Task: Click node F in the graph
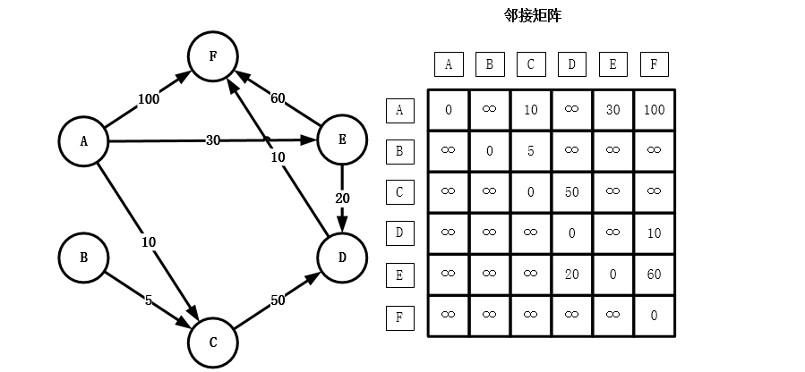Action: coord(212,55)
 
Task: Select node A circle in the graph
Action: coord(83,140)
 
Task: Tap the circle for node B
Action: coord(83,258)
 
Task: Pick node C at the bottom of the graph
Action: coord(212,342)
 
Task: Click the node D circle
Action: coord(342,258)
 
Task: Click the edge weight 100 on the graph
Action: coord(149,99)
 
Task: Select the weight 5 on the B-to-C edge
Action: coord(149,300)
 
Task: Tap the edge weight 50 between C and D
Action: coord(278,300)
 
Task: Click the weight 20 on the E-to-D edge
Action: coord(342,198)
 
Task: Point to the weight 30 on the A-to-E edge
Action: coord(213,140)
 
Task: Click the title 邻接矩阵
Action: coord(534,15)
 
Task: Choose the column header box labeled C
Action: coord(530,64)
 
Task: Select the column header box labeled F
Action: coord(654,64)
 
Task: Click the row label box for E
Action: coord(399,275)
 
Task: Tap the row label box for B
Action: coord(399,150)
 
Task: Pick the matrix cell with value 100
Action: coord(654,110)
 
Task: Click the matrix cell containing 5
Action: coord(530,150)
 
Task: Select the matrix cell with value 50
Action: coord(571,192)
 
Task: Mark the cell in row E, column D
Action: coord(571,275)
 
